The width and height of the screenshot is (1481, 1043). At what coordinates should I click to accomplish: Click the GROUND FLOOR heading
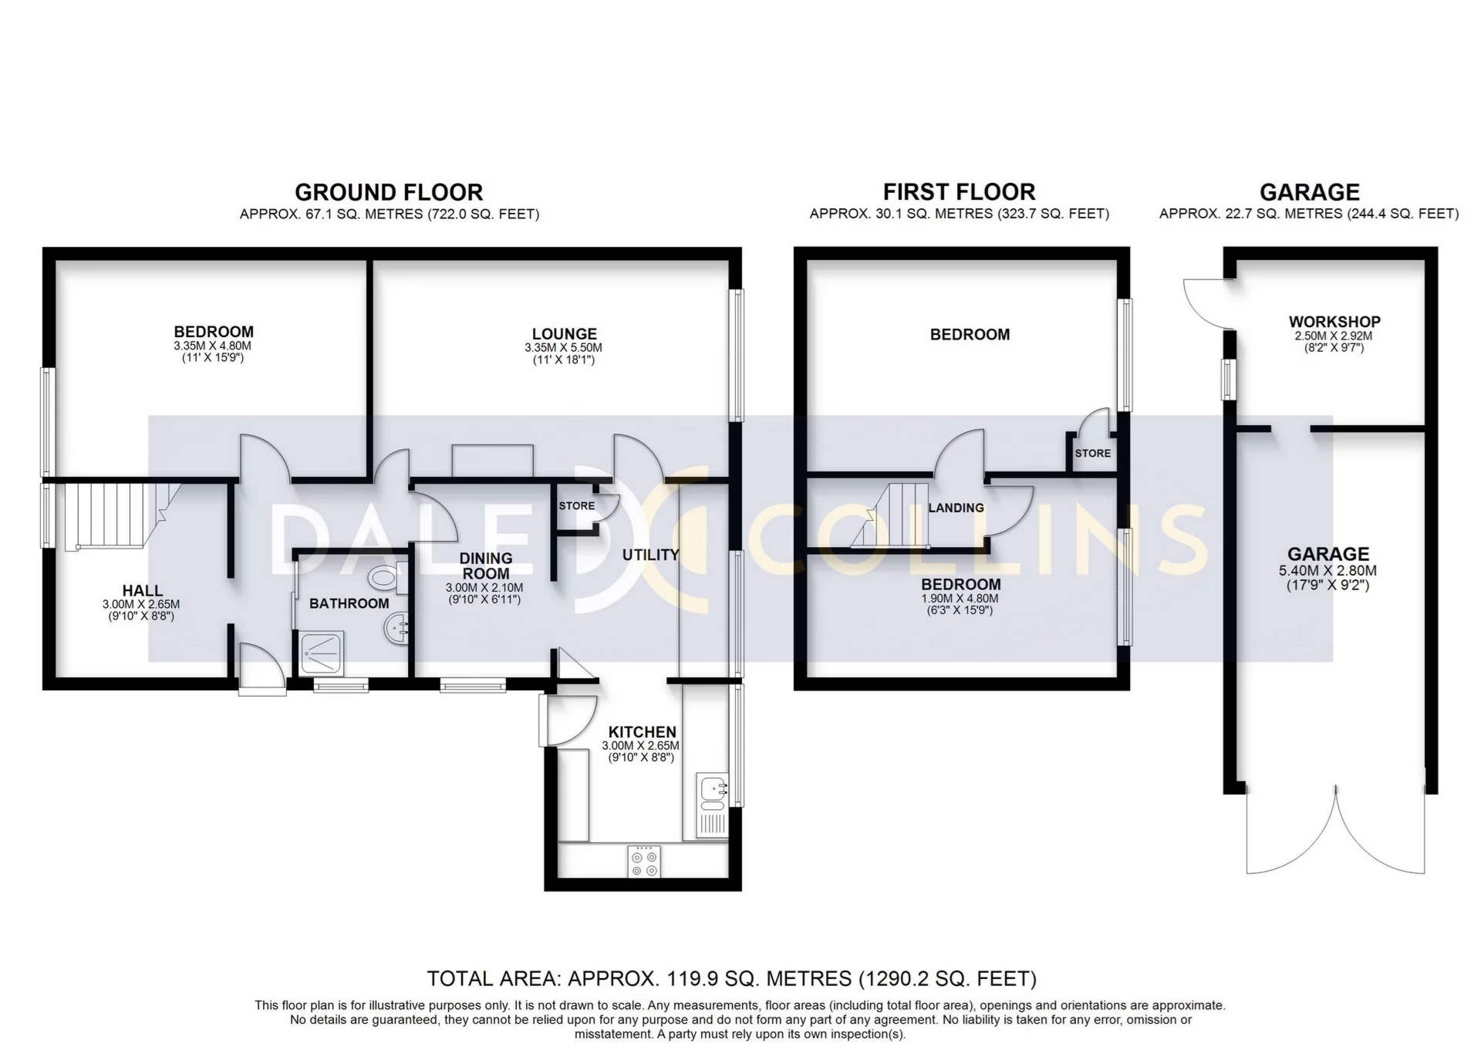click(389, 192)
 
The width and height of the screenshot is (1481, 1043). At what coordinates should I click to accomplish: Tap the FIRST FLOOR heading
click(959, 192)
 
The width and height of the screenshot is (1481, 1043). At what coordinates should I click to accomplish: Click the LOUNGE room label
click(564, 334)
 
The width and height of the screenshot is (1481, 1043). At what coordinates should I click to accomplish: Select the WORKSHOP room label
click(1334, 322)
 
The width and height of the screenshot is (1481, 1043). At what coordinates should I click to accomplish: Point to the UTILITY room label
click(650, 555)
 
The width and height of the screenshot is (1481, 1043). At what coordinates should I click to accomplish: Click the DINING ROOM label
click(485, 565)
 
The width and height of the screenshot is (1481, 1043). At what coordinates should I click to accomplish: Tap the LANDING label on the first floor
click(956, 508)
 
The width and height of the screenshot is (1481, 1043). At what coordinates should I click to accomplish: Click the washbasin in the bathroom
click(396, 629)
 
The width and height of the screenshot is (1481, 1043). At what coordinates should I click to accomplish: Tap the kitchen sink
click(711, 790)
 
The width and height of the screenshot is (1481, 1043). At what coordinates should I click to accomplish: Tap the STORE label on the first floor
click(1092, 453)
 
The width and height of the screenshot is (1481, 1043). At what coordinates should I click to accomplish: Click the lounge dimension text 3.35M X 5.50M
click(563, 348)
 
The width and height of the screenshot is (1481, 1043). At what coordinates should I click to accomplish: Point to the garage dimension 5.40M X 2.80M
click(1328, 572)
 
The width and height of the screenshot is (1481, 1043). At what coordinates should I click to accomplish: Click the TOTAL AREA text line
click(731, 979)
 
